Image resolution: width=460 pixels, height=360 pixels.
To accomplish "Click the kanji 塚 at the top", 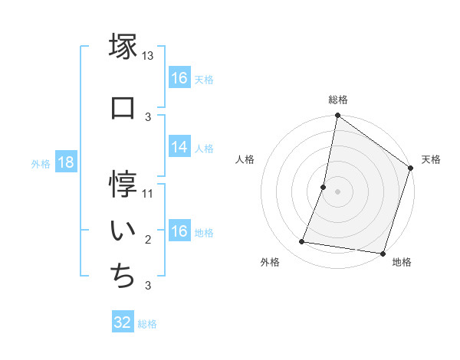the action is pyautogui.click(x=123, y=47).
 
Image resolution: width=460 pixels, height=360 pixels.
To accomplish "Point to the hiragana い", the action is pyautogui.click(x=123, y=229).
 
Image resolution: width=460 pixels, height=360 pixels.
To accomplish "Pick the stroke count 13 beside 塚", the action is pyautogui.click(x=148, y=56).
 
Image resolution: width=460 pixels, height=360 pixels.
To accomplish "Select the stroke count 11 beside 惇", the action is pyautogui.click(x=148, y=194).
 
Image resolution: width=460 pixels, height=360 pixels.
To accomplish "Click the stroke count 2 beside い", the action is pyautogui.click(x=148, y=240).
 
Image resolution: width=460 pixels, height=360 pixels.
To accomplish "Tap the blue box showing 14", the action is pyautogui.click(x=179, y=148).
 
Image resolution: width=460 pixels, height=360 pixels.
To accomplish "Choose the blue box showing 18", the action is pyautogui.click(x=65, y=163).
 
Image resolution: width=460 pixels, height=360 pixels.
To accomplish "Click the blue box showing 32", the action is pyautogui.click(x=123, y=322).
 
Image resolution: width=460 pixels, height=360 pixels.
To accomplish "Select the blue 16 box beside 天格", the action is pyautogui.click(x=179, y=78).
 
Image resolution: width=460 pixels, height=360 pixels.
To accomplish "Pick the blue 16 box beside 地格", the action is pyautogui.click(x=179, y=232).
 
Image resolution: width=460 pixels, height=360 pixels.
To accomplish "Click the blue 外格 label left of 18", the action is pyautogui.click(x=41, y=164).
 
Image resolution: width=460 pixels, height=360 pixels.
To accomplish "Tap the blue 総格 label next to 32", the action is pyautogui.click(x=147, y=324).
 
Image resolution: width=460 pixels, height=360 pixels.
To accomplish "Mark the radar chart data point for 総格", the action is pyautogui.click(x=337, y=116).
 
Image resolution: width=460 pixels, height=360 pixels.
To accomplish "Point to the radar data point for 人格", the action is pyautogui.click(x=324, y=187).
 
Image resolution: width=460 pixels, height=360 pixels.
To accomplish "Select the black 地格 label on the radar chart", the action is pyautogui.click(x=402, y=263).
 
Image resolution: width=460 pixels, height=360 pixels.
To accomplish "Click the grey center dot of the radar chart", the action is pyautogui.click(x=337, y=191).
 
